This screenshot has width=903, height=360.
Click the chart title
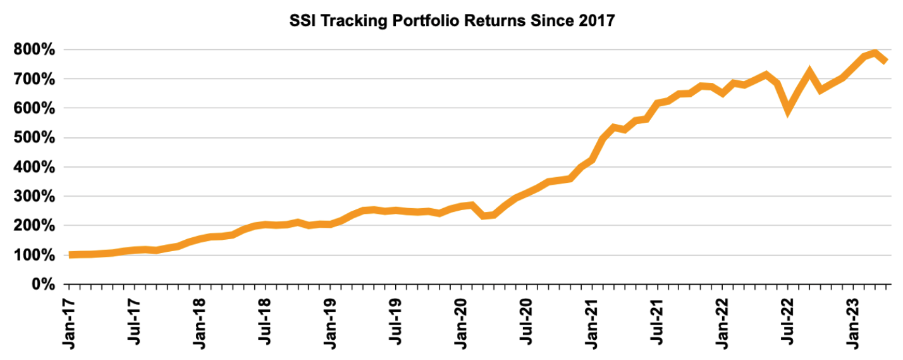pos(451,21)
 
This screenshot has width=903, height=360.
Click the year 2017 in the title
pos(597,21)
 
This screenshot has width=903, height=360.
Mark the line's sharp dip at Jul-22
pos(787,111)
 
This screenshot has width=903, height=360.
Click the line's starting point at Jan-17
pos(70,255)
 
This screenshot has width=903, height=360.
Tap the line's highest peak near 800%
pos(875,53)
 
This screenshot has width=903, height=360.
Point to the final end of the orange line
pos(886,61)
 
